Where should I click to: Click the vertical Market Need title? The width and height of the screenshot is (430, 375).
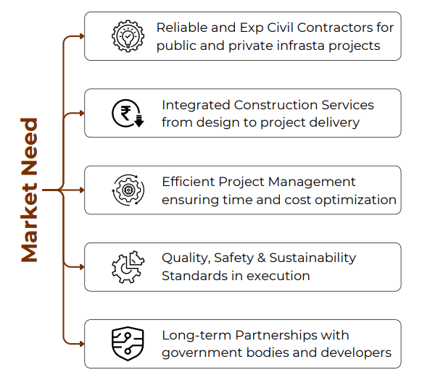29,190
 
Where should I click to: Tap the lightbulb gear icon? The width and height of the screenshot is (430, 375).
128,36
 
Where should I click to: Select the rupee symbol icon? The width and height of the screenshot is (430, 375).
128,114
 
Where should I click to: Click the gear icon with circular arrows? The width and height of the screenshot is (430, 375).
128,190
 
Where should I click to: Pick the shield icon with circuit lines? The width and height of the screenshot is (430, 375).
128,344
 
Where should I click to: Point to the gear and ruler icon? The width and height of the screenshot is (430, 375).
128,267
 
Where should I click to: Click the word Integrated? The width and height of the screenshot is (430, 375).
196,106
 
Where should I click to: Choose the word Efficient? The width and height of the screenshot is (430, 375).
189,182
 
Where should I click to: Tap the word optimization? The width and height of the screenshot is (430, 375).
355,201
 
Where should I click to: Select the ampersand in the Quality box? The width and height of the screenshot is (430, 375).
262,258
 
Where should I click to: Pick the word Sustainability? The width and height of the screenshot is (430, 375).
313,258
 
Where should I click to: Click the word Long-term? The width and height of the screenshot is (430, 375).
197,335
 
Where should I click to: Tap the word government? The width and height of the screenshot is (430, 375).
202,353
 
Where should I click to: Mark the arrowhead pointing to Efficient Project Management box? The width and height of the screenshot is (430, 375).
82,190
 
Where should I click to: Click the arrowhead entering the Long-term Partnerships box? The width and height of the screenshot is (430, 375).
82,344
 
